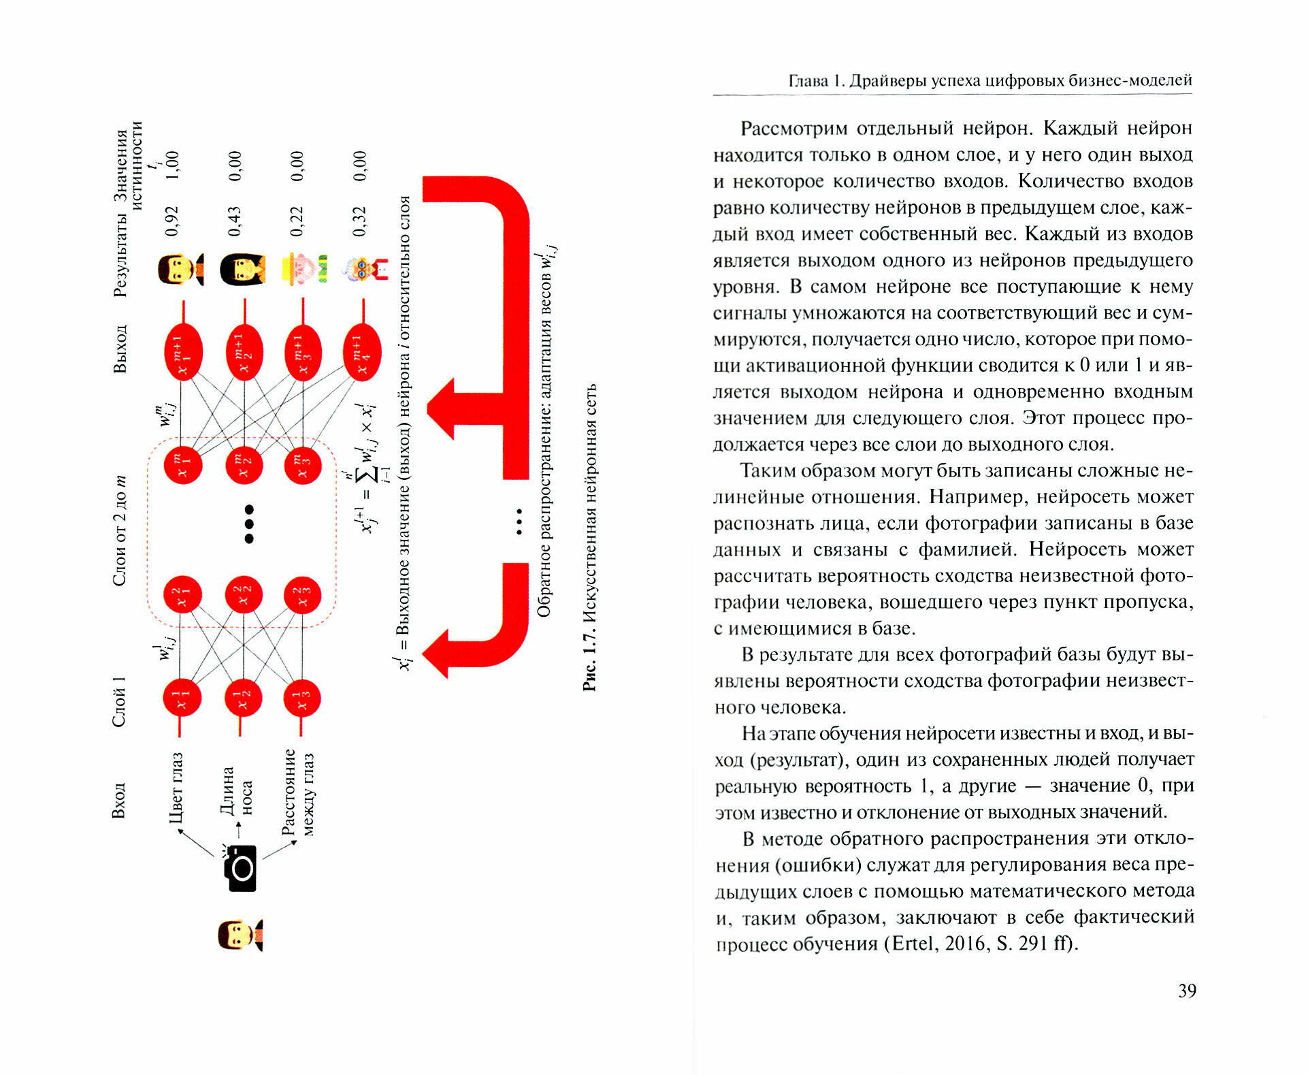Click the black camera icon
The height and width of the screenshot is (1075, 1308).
point(240,868)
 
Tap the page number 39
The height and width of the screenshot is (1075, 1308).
point(1187,991)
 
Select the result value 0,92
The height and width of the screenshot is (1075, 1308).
point(172,221)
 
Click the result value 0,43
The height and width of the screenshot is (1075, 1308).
point(235,221)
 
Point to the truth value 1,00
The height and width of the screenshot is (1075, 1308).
point(172,165)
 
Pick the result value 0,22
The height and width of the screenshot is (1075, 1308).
point(297,221)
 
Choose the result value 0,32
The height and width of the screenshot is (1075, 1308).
point(360,221)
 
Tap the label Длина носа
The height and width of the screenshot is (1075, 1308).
point(236,790)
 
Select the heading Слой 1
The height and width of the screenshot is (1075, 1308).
point(119,702)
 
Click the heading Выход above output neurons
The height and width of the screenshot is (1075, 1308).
point(120,349)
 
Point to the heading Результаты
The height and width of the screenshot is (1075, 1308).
point(120,255)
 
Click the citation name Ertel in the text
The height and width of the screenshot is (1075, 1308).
point(913,944)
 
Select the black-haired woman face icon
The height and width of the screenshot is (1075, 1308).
point(242,269)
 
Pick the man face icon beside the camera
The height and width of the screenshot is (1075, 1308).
point(240,935)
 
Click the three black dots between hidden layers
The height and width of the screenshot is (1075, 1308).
point(249,524)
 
